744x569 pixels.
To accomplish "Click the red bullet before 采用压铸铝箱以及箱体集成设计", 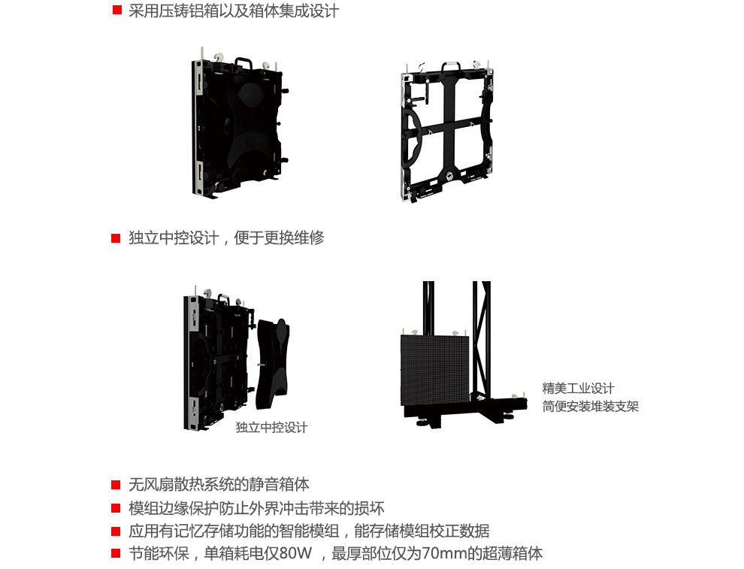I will point(116,11).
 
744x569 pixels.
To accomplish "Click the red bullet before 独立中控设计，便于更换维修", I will point(116,238).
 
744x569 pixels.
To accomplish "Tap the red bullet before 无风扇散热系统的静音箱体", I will point(116,485).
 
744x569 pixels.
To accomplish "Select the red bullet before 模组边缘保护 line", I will point(116,508).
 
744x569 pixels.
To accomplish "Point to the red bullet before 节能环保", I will point(116,554).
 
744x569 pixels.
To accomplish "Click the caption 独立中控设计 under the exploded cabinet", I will point(271,427).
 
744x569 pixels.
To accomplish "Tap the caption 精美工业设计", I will point(578,388).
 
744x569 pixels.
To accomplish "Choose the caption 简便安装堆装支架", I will point(590,407).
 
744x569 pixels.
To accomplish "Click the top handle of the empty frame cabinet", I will point(451,67).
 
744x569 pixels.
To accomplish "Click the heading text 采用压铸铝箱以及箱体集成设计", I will point(234,11).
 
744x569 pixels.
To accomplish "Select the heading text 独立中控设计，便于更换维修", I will point(226,238).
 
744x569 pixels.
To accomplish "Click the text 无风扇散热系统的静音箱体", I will point(219,485).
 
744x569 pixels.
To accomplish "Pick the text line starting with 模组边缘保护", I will point(256,508).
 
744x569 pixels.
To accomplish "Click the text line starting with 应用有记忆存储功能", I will point(309,531).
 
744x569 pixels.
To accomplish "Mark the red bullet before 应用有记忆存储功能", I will point(116,531).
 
